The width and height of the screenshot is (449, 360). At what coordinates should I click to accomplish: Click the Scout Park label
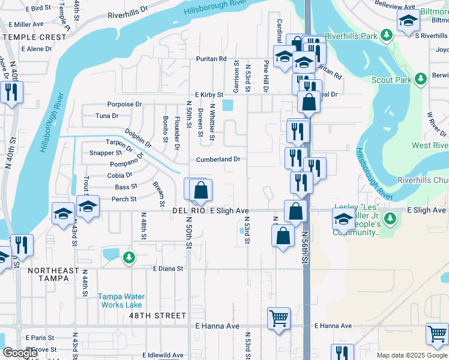coord(391,80)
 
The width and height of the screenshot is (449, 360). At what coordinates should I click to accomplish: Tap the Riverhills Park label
coord(360,36)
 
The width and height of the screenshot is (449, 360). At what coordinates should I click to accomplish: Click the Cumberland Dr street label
coord(218,160)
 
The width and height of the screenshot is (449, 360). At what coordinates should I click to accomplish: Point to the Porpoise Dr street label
coord(124,104)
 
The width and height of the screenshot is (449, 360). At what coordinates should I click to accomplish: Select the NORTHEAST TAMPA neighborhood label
coord(53,271)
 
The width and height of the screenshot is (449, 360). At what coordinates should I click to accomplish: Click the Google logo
coord(20,353)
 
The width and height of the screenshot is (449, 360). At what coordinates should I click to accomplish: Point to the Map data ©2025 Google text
coord(412,355)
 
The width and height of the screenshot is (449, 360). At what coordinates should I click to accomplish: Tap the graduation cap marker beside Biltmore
coord(408,22)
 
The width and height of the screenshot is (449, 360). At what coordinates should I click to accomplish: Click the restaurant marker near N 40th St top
coord(11,92)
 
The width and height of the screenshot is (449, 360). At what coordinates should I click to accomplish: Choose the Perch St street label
coord(124,199)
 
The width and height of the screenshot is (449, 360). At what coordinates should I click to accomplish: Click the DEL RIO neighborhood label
coord(187,211)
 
